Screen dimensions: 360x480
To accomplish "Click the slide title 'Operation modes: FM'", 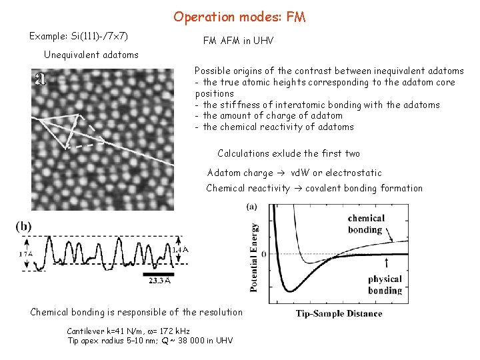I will (239, 17).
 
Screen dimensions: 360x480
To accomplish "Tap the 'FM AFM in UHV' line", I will (238, 41).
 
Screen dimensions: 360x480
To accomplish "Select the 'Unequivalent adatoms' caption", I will (91, 55).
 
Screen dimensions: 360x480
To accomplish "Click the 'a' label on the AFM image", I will (40, 79).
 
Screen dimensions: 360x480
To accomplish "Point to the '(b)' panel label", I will (24, 226).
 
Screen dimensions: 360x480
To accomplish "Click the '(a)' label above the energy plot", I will (252, 207).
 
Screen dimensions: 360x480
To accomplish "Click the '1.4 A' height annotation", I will (179, 249).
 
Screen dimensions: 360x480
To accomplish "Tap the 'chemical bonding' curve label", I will (365, 224).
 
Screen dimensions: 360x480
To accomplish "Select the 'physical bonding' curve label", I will (385, 284).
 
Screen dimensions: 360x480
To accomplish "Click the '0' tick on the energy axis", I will (263, 254).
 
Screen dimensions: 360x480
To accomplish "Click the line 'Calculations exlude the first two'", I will (289, 153).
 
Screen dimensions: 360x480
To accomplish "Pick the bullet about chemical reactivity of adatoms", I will (274, 127).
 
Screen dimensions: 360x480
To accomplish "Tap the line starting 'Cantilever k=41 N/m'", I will (128, 331).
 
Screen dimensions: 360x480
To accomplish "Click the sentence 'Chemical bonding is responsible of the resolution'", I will (137, 312).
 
